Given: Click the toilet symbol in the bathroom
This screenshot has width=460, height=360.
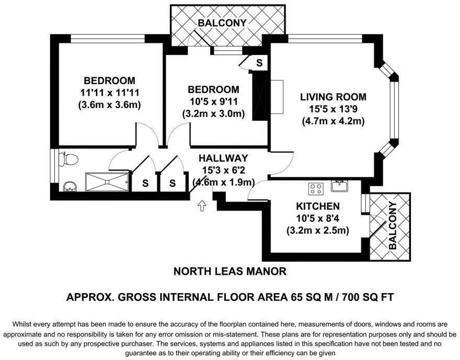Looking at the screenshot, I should [68, 159].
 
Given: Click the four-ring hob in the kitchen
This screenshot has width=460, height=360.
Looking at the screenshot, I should [316, 187].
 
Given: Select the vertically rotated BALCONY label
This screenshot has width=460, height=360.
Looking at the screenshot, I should [393, 225].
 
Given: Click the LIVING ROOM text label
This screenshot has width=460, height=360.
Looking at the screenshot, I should [332, 97].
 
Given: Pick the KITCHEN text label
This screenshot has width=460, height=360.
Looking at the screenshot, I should [318, 206].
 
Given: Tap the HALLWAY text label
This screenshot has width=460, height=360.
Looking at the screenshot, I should [223, 158].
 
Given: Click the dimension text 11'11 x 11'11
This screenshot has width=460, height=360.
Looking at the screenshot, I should [109, 93].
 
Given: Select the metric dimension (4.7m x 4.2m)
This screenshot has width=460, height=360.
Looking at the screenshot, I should [332, 121].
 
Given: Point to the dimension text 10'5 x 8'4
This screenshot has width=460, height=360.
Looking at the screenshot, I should [318, 218].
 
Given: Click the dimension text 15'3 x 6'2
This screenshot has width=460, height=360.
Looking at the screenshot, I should [223, 170].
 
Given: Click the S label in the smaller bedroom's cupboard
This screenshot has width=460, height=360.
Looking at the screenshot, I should [259, 63].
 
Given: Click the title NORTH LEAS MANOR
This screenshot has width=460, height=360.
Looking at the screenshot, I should [229, 271].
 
